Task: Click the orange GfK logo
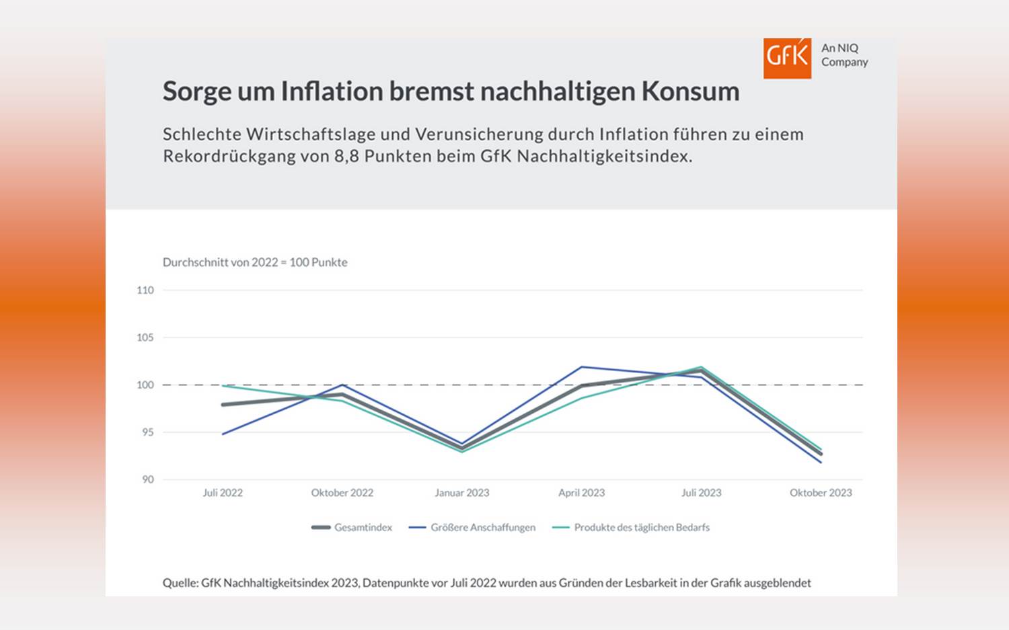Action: (786, 58)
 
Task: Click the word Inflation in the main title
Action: (332, 91)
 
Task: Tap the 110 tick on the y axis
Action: (145, 290)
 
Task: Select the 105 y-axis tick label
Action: (145, 338)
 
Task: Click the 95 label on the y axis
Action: (147, 432)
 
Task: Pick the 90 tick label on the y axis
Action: (147, 479)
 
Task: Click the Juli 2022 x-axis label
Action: (223, 493)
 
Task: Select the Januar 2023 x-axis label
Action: (461, 493)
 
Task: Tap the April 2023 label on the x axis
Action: (581, 493)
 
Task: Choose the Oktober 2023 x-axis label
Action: (821, 493)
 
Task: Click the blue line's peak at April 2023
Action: (582, 367)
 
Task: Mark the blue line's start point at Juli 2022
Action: (223, 434)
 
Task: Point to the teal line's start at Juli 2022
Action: (223, 386)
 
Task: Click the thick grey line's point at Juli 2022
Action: (223, 405)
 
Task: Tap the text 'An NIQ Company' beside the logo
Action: (844, 55)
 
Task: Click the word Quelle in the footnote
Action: (180, 583)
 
